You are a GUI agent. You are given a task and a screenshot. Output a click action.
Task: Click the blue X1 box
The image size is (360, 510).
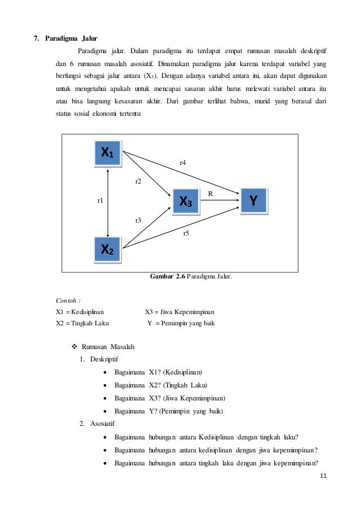[x=107, y=152]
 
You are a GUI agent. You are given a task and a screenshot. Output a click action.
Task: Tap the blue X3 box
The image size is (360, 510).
[x=186, y=201]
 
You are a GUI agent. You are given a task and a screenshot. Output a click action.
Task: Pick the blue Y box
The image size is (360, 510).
[x=254, y=200]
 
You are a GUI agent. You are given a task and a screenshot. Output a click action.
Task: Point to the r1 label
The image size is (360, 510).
[x=100, y=200]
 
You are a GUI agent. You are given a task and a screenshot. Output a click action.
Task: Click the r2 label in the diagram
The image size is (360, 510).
[x=138, y=181]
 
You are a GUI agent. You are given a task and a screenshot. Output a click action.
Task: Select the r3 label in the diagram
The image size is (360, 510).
[x=138, y=220]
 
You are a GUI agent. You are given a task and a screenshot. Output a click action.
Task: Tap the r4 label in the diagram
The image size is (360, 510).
[x=183, y=163]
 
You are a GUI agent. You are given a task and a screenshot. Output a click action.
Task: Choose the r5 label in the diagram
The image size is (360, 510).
[x=187, y=233]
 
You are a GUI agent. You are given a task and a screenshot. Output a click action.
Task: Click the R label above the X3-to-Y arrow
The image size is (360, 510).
[x=210, y=193]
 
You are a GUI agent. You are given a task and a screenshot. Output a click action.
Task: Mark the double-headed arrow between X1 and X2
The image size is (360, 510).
[x=108, y=200]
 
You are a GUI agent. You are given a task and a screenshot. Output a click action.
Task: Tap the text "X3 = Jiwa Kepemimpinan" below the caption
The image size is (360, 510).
[x=179, y=312]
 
